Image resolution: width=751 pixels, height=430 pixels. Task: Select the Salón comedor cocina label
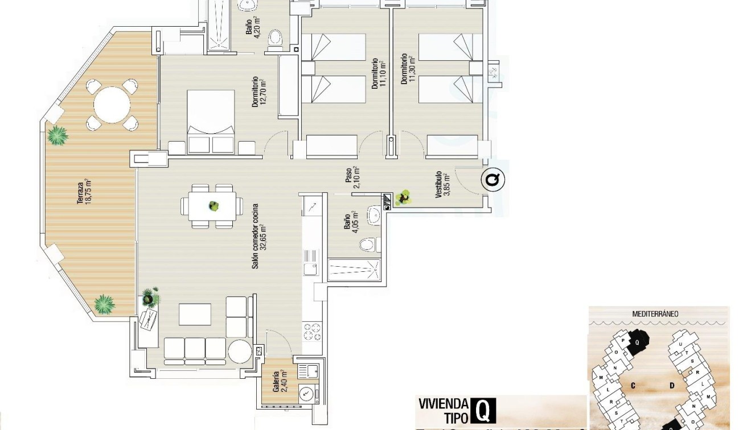click(x=259, y=235)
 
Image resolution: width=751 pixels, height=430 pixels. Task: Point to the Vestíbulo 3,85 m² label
click(x=442, y=184)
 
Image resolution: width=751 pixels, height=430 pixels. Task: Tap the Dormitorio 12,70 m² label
click(x=260, y=92)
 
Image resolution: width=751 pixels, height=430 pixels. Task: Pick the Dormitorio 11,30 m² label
click(x=408, y=69)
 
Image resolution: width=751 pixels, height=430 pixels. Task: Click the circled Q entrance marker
click(x=493, y=180)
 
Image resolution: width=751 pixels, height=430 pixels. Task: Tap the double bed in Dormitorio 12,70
click(x=211, y=121)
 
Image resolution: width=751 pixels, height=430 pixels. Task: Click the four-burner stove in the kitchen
click(x=312, y=331)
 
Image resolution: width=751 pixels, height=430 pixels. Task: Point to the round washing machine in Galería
click(x=306, y=392)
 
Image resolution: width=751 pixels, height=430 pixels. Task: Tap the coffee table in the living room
click(x=195, y=314)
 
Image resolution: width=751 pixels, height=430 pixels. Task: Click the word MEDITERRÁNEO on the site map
click(x=655, y=313)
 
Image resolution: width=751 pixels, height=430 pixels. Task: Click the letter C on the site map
click(x=633, y=386)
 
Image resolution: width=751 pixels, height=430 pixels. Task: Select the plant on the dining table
click(x=214, y=205)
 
